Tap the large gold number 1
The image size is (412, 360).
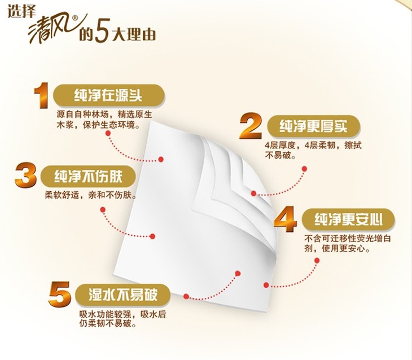click(x=42, y=95)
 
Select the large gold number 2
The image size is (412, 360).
click(x=251, y=126)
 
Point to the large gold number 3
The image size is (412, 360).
click(x=26, y=175)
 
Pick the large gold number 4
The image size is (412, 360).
click(x=286, y=219)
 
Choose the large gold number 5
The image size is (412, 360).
click(x=60, y=295)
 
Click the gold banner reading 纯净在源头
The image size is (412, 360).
click(x=109, y=95)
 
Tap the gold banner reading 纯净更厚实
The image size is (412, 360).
click(x=313, y=126)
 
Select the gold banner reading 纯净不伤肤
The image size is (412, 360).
click(x=88, y=176)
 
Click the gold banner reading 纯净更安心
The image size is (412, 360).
click(x=348, y=219)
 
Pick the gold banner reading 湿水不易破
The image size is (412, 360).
click(x=123, y=295)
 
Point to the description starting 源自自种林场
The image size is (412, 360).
click(x=104, y=120)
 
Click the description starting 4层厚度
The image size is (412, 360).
click(x=313, y=150)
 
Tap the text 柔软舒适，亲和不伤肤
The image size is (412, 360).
click(x=91, y=195)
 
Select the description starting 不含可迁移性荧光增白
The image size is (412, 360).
click(x=348, y=243)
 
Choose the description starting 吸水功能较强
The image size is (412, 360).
click(x=122, y=318)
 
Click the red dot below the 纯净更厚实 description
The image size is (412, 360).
click(x=304, y=169)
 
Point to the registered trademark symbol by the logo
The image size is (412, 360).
click(x=75, y=17)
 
